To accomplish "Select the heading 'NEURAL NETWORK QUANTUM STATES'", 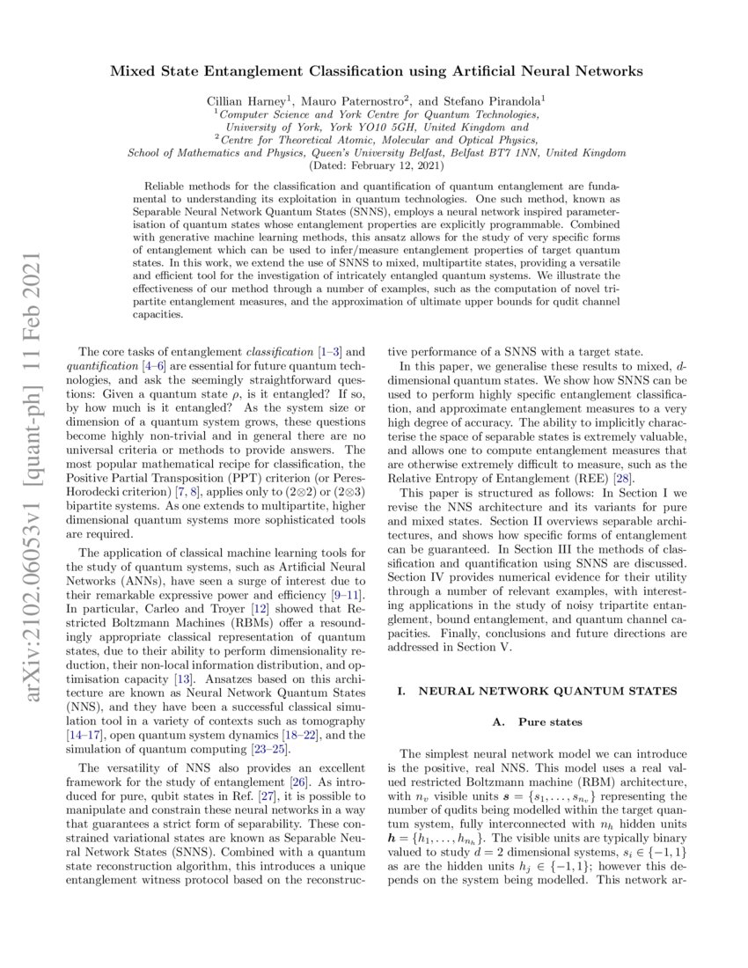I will coord(547,693).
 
